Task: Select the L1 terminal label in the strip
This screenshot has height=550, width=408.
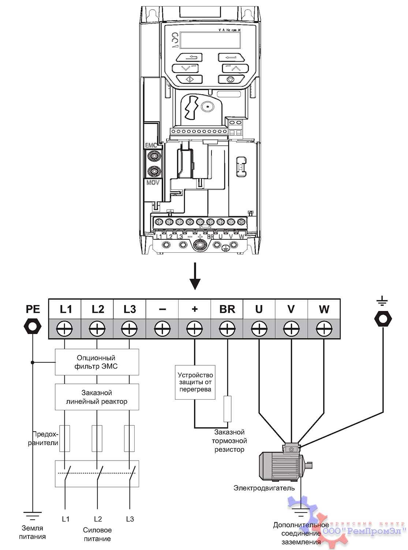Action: click(65, 309)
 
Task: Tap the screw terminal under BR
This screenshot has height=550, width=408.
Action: click(227, 329)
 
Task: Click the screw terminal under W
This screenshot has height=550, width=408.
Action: click(324, 329)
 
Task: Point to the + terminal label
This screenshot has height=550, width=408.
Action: click(195, 309)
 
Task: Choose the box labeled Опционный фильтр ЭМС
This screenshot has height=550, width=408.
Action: click(97, 362)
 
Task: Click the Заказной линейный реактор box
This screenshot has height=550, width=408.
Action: click(97, 397)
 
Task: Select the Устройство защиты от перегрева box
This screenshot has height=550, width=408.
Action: click(195, 382)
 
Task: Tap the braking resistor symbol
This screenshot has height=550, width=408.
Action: click(228, 408)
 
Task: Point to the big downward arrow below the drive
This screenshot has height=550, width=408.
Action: click(195, 276)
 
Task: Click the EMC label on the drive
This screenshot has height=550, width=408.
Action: click(151, 146)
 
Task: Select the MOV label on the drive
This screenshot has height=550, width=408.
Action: click(153, 182)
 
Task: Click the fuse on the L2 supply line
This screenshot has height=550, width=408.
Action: click(97, 438)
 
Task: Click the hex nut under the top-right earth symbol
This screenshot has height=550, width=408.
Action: click(383, 319)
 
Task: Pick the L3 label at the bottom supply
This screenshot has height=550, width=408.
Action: click(130, 519)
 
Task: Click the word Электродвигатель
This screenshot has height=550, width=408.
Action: click(264, 488)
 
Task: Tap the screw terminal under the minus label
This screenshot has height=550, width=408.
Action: click(162, 329)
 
